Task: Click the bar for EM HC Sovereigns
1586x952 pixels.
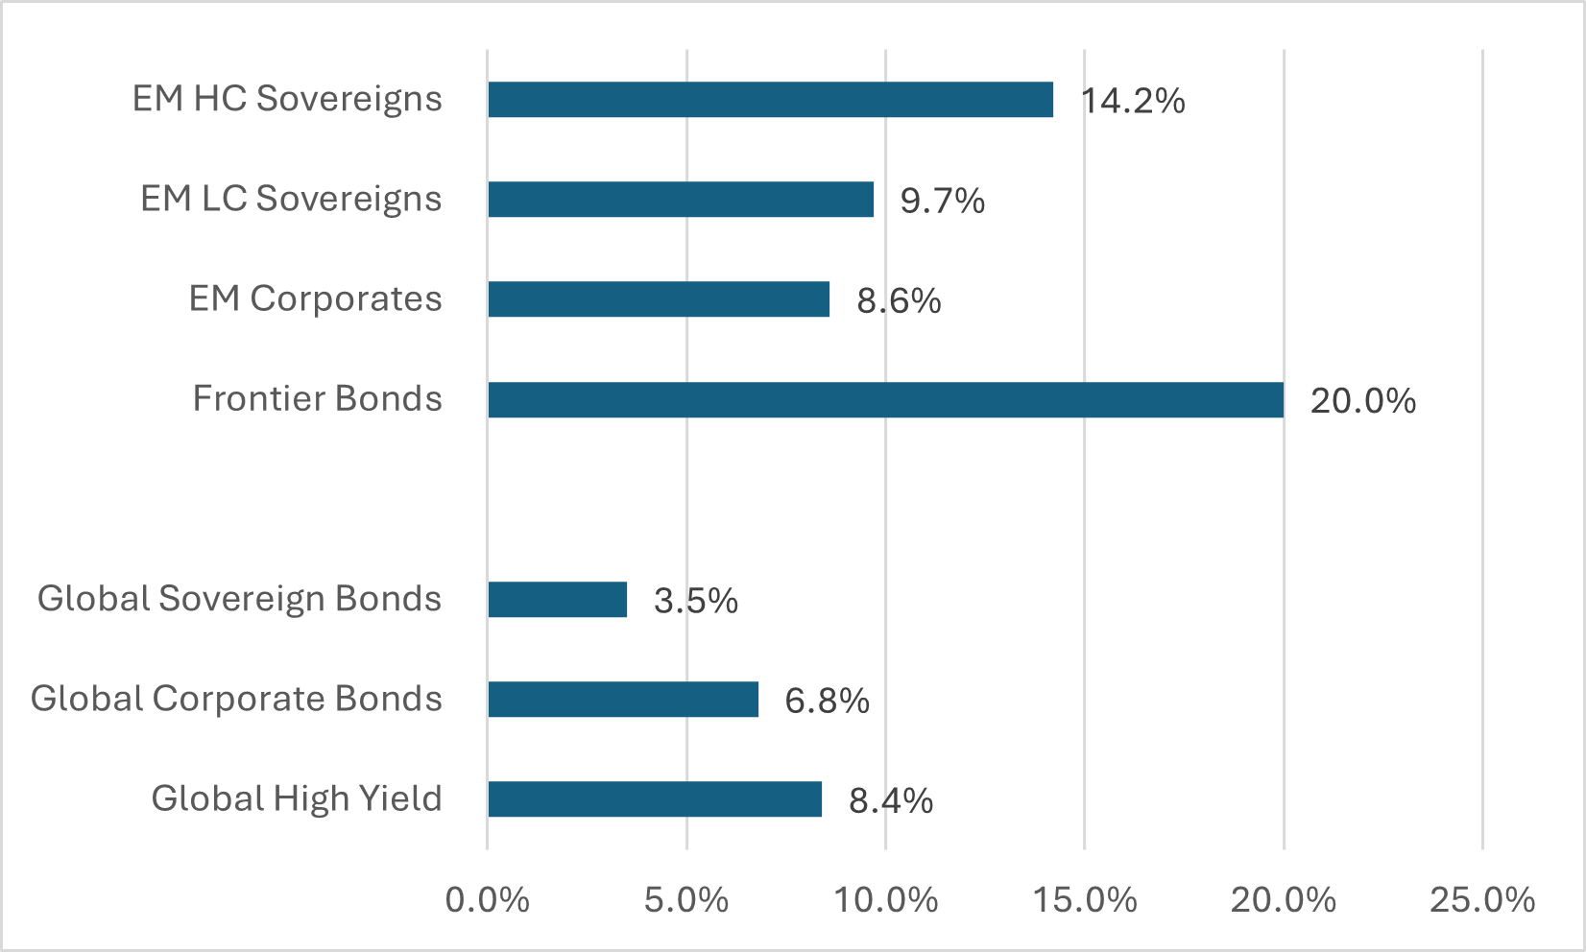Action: (x=770, y=100)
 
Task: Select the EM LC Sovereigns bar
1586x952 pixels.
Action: (x=681, y=200)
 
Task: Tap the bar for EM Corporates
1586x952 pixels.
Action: (x=659, y=299)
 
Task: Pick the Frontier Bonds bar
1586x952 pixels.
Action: (x=885, y=399)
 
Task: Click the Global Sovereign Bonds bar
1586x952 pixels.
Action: (x=557, y=600)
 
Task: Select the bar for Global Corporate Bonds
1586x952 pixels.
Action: (x=623, y=700)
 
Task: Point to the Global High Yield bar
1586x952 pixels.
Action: (x=655, y=799)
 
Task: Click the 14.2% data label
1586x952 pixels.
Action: (x=1133, y=101)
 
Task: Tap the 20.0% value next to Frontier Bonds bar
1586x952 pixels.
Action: (x=1362, y=401)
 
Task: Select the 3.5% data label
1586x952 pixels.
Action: (x=695, y=601)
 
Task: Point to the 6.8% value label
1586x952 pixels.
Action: (x=827, y=701)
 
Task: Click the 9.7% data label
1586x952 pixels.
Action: (x=942, y=201)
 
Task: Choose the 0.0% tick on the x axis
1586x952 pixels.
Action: (x=488, y=900)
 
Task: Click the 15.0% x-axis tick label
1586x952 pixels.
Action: (x=1085, y=900)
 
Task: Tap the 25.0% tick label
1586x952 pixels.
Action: (x=1482, y=900)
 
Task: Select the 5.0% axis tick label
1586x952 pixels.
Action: (x=686, y=900)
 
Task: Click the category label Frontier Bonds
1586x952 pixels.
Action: (x=318, y=398)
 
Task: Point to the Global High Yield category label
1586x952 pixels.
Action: (x=297, y=798)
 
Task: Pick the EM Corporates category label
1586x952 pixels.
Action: (x=316, y=298)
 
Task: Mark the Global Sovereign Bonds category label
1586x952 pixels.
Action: (x=240, y=599)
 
